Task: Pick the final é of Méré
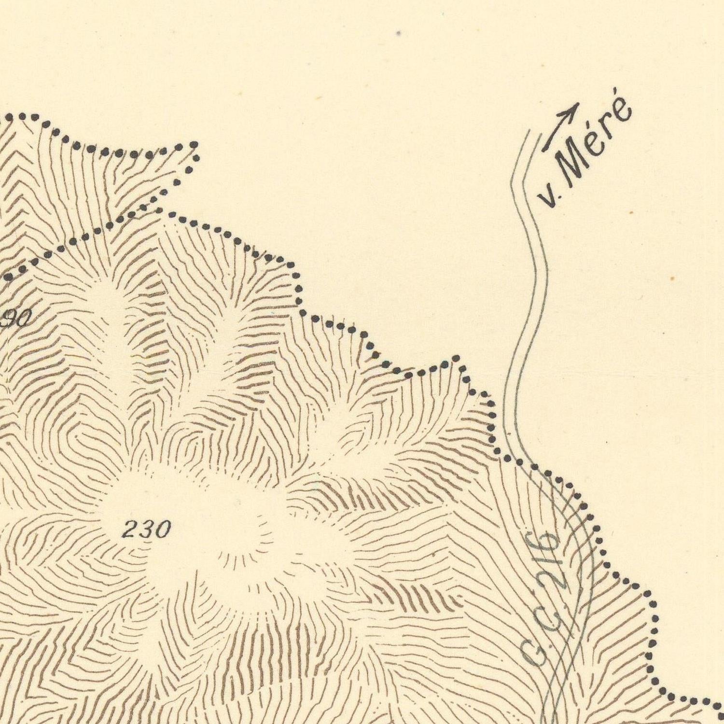coord(623,109)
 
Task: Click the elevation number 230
coord(147,530)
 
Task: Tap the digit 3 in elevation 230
coord(147,530)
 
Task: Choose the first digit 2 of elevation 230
coord(130,530)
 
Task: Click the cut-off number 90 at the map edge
coord(17,318)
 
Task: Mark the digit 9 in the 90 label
coord(10,318)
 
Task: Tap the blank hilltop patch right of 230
coord(241,531)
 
